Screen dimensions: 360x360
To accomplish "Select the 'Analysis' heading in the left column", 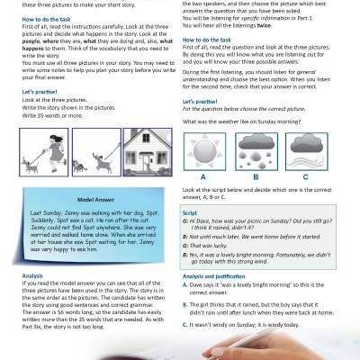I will coord(31,275).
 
